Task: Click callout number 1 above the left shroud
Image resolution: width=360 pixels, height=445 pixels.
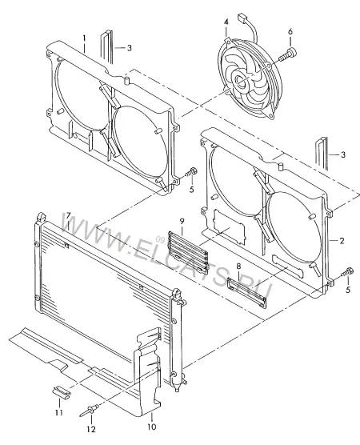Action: [84, 38]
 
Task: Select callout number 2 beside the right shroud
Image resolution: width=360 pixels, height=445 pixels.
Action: [342, 241]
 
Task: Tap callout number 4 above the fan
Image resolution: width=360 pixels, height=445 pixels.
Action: [226, 22]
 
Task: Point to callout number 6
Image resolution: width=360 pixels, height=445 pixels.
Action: [290, 31]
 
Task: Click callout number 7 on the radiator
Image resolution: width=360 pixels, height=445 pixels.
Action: [68, 215]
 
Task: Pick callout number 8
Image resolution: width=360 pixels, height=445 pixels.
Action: [238, 267]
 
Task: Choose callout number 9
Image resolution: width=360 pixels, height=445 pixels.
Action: [182, 221]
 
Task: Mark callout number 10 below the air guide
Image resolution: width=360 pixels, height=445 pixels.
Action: [152, 426]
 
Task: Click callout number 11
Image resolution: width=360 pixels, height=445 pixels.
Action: [58, 412]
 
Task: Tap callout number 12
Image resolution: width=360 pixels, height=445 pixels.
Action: [91, 429]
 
